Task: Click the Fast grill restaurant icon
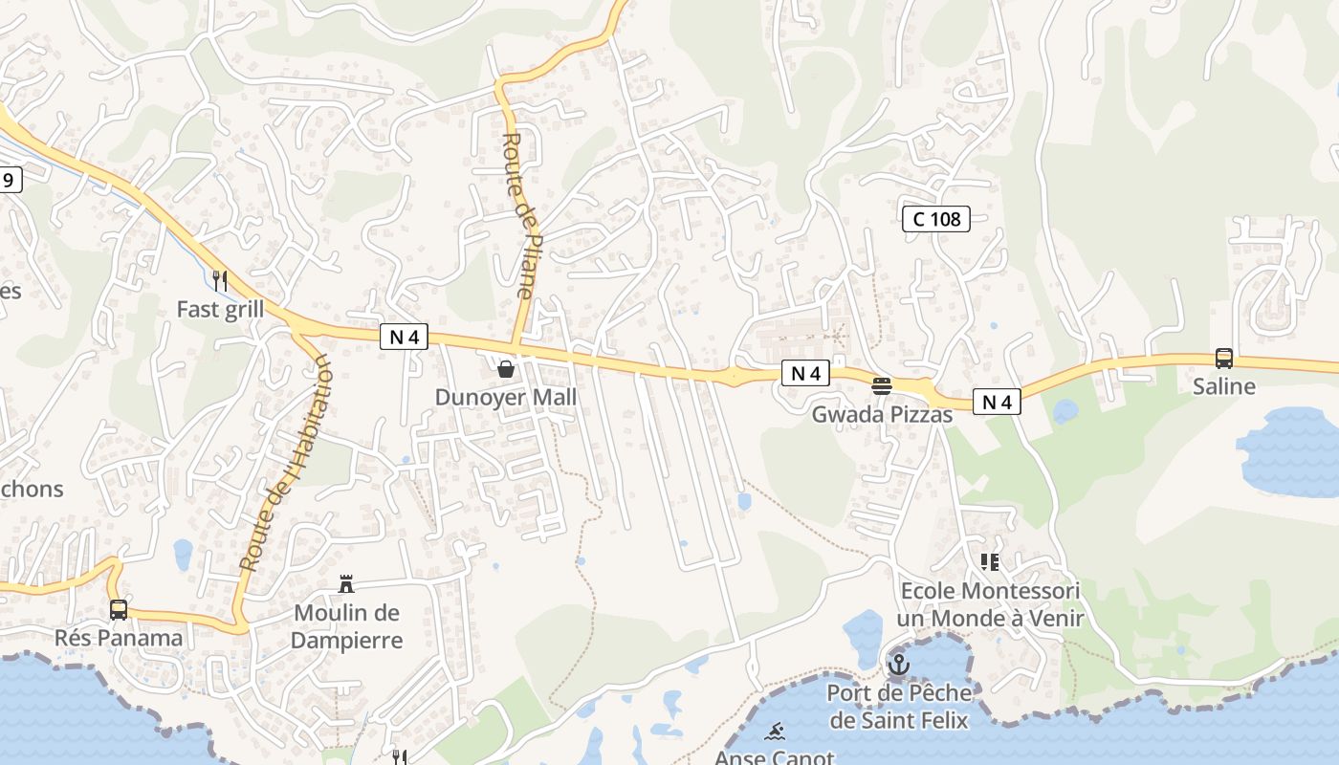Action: (220, 280)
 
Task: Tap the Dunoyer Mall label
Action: (506, 397)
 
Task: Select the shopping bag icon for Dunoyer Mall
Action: (506, 368)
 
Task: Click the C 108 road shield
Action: (936, 219)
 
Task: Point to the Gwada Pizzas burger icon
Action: (882, 386)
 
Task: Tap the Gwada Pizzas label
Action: (882, 414)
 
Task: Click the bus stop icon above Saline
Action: (1223, 359)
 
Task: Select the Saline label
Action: (1223, 386)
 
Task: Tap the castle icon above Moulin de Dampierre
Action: (346, 584)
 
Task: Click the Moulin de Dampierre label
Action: (346, 626)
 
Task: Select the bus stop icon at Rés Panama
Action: (119, 609)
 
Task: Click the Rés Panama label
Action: (119, 638)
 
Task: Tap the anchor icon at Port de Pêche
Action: (898, 664)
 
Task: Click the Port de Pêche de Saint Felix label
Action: (898, 706)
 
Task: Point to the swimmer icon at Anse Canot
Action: (775, 732)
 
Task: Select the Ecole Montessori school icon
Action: (990, 562)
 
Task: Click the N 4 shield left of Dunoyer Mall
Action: (404, 337)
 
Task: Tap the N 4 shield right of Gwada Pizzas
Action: (997, 403)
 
